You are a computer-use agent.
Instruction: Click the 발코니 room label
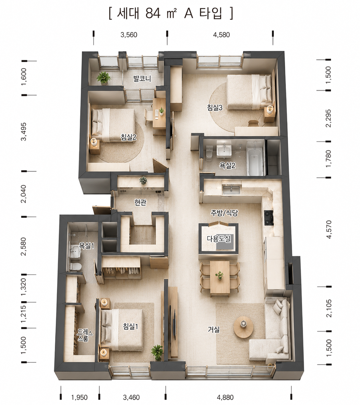click(142, 78)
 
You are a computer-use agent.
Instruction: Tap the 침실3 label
click(215, 107)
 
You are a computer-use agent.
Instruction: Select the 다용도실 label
click(219, 239)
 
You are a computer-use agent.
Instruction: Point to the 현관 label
click(140, 202)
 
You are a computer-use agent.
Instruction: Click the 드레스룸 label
click(84, 335)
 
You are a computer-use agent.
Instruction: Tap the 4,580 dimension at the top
click(221, 35)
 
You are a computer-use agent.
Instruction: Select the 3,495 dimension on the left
click(24, 131)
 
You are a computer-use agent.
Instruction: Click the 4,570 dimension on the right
click(328, 229)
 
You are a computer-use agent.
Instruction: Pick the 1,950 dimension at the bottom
click(80, 397)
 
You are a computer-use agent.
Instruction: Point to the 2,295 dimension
click(328, 118)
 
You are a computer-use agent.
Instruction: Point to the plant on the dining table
click(220, 275)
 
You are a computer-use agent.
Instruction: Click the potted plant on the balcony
click(104, 78)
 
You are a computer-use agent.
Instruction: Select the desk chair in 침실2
click(148, 117)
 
